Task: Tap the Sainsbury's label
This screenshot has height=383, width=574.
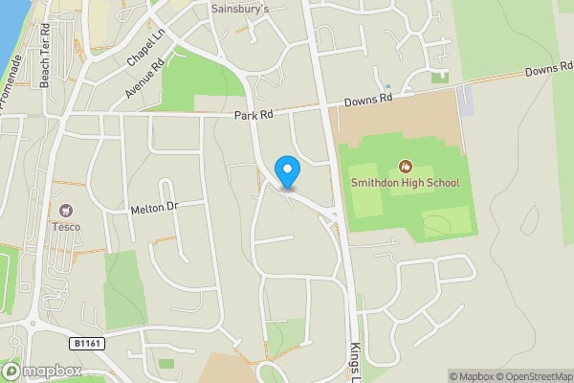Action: pyautogui.click(x=240, y=10)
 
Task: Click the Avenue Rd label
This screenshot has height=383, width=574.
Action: pyautogui.click(x=145, y=79)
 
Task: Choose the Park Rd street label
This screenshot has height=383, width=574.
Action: pyautogui.click(x=254, y=114)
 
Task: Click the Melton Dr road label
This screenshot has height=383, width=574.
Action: pyautogui.click(x=154, y=208)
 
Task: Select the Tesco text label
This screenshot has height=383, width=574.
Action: pyautogui.click(x=67, y=227)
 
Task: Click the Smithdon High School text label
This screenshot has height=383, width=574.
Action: pyautogui.click(x=405, y=183)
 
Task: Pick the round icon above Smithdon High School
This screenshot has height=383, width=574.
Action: pyautogui.click(x=405, y=166)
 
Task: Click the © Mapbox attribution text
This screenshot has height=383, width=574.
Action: pyautogui.click(x=469, y=376)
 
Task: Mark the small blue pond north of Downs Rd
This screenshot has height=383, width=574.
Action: pyautogui.click(x=387, y=72)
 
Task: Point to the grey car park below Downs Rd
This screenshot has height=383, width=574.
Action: pyautogui.click(x=465, y=100)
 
